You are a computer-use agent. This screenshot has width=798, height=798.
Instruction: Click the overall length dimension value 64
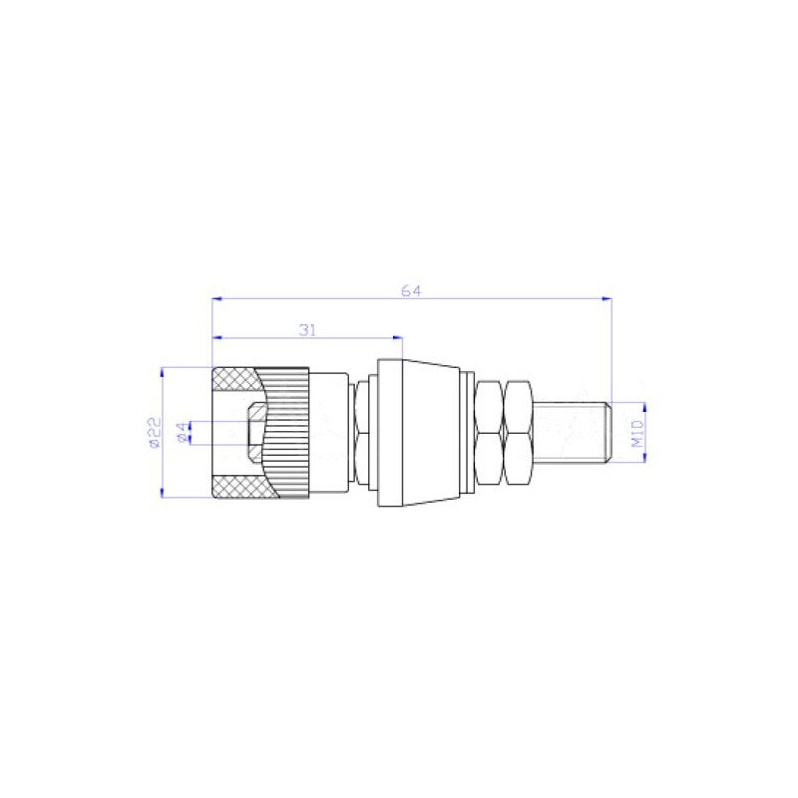click(411, 290)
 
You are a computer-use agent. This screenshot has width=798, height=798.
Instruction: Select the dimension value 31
click(307, 328)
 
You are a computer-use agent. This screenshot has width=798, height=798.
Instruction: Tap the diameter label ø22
click(153, 433)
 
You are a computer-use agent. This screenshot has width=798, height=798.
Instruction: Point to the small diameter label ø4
click(181, 432)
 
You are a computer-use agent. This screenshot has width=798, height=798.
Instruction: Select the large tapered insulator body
click(422, 432)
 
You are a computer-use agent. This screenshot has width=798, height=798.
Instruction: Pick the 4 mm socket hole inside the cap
click(254, 432)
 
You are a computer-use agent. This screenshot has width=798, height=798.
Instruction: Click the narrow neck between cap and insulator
click(361, 432)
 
